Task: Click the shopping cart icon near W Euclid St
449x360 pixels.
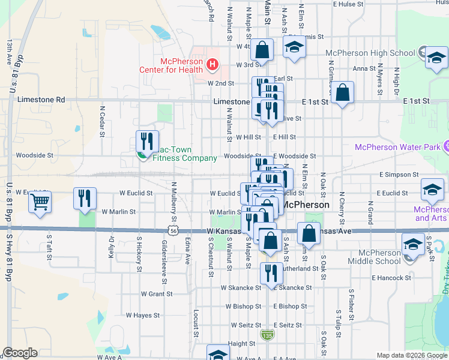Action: pos(40,202)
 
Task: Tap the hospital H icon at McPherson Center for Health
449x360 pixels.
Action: pos(211,64)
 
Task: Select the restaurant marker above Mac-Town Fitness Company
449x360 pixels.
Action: pos(147,142)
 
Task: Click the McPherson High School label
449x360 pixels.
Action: pos(369,53)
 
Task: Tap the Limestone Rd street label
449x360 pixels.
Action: pos(41,99)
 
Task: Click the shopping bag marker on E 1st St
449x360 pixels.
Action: pos(342,93)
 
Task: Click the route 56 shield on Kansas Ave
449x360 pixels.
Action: pos(173,230)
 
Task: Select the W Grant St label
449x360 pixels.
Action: pos(157,294)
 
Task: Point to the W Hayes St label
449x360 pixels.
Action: pos(142,315)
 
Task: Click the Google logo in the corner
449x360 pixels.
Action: pos(20,353)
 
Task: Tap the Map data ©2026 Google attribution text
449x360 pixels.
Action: pos(412,355)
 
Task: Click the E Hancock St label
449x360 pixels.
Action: pos(391,278)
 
